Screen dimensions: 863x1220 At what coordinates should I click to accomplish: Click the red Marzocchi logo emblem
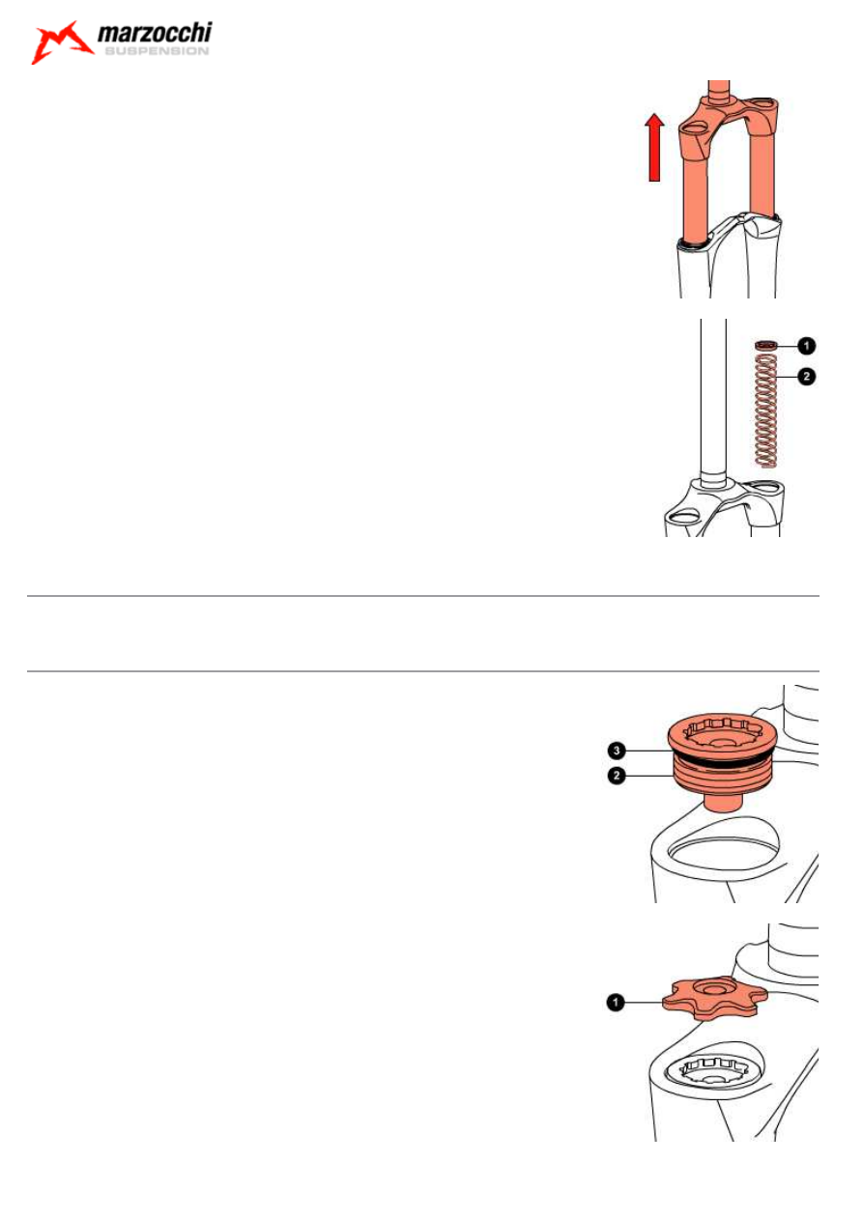coord(61,43)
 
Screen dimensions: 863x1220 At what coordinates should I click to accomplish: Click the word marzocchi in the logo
coord(155,33)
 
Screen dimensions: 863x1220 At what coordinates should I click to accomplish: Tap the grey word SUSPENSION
coord(157,51)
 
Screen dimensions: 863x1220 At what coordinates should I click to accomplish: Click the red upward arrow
coord(654,147)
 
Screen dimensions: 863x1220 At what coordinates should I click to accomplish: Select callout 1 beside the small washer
coord(806,345)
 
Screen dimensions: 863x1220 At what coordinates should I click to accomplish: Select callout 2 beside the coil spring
coord(806,377)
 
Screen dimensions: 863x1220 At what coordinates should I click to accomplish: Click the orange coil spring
coord(766,411)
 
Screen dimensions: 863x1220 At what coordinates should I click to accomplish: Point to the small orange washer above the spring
coord(766,345)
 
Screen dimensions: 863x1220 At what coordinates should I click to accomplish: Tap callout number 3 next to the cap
coord(617,751)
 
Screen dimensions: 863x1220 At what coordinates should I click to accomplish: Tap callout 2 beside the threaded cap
coord(617,775)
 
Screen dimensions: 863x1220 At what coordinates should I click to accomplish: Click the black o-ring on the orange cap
coord(723,761)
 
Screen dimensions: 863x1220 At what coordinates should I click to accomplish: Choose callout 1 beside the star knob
coord(616,1002)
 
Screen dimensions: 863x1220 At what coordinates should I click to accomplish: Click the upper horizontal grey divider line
coord(422,596)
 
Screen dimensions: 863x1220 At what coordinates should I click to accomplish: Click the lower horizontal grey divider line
coord(422,671)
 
